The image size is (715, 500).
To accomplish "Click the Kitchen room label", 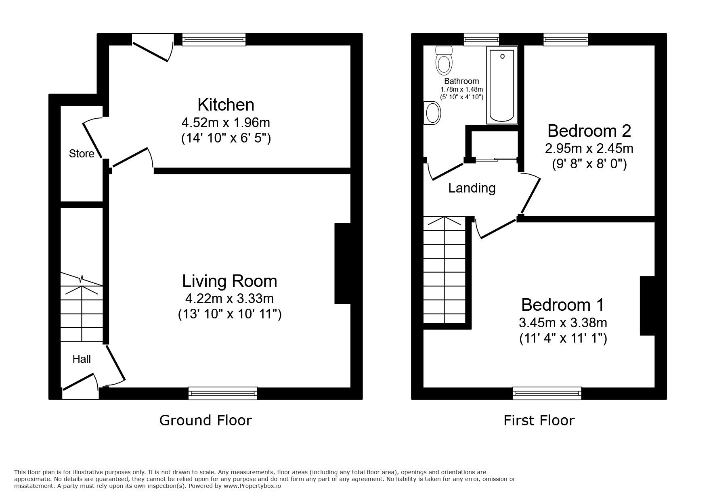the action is coord(226,105).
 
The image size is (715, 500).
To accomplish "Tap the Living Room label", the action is coord(230,281).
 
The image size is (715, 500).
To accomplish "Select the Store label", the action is coord(82,153).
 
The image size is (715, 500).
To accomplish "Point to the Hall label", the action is coord(82,359).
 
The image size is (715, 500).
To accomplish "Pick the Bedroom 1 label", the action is coord(563,305).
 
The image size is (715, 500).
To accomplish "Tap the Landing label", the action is coord(472,188).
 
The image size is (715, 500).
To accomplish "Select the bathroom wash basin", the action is coord(432,112).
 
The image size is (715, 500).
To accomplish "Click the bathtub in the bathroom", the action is coord(502,85).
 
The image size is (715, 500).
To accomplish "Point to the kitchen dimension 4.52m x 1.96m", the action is coord(226,122).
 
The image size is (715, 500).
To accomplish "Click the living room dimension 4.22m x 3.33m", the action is coord(229,299).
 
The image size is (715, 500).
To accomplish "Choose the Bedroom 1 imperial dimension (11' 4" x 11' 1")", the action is coord(563,338).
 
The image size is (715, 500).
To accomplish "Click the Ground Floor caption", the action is coord(205,420).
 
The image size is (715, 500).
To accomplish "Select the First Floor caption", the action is coord(539,421).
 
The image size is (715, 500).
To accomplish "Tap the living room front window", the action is coord(222,393).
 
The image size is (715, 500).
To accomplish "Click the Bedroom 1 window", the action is coord(547,393).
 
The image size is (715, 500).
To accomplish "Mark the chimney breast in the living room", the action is coord(342,263).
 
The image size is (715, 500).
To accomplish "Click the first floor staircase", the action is coord(444,270).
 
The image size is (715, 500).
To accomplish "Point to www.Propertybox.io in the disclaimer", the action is coord(252,486).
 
